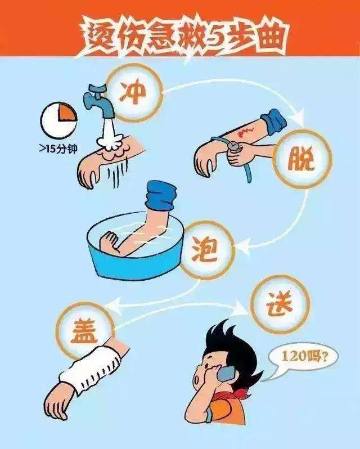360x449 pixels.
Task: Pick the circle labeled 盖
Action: point(85,331)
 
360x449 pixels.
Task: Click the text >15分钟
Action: point(58,149)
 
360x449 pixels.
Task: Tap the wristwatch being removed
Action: point(235,147)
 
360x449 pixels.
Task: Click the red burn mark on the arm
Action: point(244,131)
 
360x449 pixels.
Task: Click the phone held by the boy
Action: point(228,372)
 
